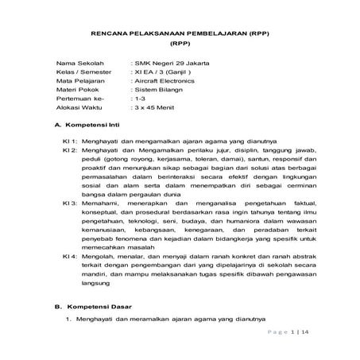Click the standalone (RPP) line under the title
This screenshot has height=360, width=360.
(180, 39)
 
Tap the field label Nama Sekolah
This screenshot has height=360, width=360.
(79, 61)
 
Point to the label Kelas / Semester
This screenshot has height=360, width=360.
(83, 71)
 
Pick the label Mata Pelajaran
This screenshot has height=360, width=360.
(80, 80)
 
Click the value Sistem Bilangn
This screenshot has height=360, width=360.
(157, 90)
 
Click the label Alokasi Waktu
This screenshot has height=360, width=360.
(79, 109)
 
